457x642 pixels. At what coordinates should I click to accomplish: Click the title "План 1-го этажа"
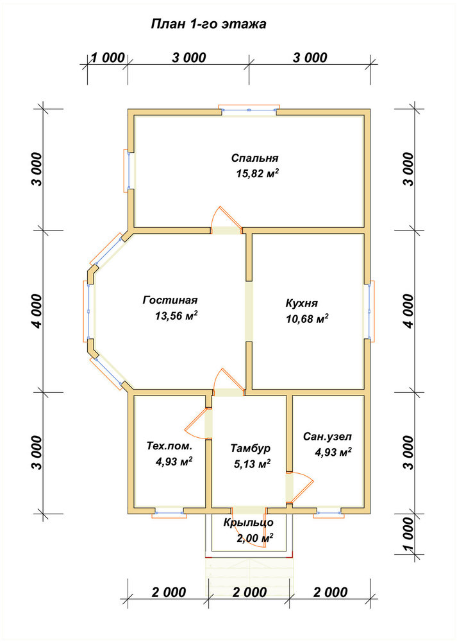coord(208,24)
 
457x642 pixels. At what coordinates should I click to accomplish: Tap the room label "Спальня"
coord(254,158)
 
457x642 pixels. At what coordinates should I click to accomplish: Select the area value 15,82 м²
coord(258,173)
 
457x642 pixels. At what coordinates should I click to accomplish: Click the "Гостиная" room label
coord(170,300)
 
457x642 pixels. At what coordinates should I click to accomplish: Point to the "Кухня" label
coord(302,304)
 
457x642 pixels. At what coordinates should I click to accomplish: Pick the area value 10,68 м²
coord(308,318)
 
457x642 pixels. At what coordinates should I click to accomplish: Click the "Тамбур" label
coord(251,448)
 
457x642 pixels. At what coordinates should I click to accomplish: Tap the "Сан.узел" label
coord(327,437)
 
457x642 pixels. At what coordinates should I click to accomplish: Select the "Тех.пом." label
coord(169,446)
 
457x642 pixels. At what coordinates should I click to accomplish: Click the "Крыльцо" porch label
coord(249,523)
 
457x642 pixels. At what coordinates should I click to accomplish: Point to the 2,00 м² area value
coord(255,537)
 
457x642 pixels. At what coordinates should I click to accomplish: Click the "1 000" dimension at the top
coord(107,57)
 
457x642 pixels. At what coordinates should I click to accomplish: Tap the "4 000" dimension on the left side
coord(37,311)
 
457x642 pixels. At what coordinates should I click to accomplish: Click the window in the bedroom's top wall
coord(249,110)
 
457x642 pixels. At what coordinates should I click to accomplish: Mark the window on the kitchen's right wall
coord(370,311)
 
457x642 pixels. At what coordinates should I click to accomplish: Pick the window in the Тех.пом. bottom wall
coord(169,512)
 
